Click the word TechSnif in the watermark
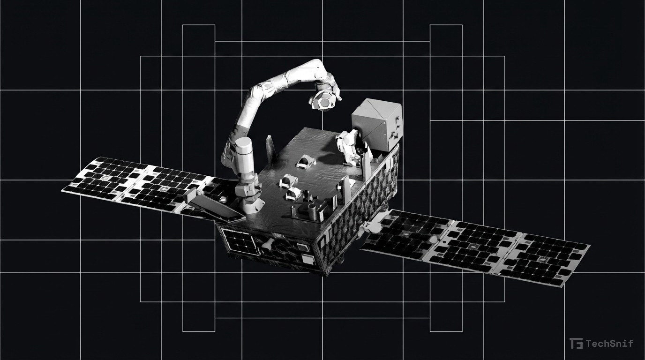tap(609, 343)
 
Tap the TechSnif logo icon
tap(576, 343)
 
